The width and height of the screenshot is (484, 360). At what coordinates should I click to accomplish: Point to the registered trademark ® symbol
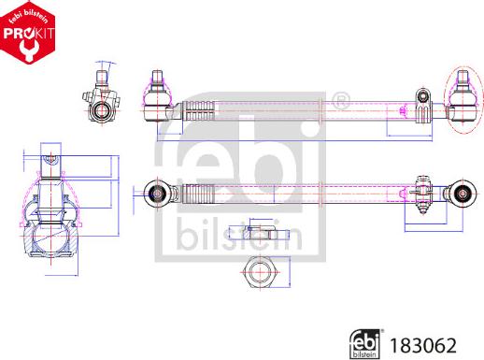coord(341,98)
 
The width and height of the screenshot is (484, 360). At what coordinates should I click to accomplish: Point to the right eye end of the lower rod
coord(461,193)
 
